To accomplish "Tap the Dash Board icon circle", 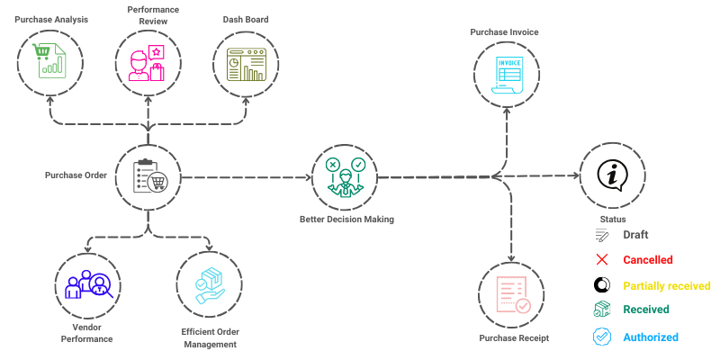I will coord(245,64).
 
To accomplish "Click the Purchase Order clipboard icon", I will coord(149,175).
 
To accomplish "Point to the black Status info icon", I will coord(613,173).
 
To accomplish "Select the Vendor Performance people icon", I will coord(87,284).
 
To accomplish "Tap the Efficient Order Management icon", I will coord(209,284).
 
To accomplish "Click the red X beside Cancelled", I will coord(602,260).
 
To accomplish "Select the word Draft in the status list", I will coord(635,235).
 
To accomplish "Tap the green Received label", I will coord(646,310).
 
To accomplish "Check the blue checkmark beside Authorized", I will coord(602,337).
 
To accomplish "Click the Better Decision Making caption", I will coord(346,220).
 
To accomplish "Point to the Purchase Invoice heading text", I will coord(504,32).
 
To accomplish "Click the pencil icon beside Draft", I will coord(602,235).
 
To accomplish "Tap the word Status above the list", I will coord(612,219).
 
